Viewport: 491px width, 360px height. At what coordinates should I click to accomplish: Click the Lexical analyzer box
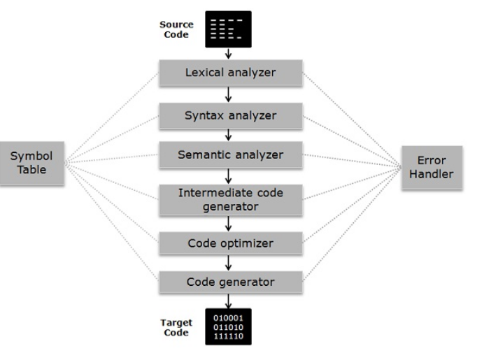(x=230, y=73)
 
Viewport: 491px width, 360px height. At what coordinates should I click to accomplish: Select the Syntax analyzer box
(x=230, y=115)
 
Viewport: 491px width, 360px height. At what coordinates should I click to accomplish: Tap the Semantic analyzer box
(x=230, y=154)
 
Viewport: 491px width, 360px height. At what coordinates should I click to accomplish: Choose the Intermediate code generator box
(x=230, y=199)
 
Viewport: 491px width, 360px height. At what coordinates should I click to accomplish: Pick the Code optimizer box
(x=230, y=243)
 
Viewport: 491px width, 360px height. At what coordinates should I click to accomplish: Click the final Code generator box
(x=230, y=282)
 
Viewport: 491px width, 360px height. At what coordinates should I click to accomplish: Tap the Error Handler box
(x=432, y=167)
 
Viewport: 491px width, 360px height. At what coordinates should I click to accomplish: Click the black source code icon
(x=228, y=29)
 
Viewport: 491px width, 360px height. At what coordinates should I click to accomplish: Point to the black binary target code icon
(x=228, y=326)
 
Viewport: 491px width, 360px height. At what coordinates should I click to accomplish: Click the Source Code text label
(x=176, y=29)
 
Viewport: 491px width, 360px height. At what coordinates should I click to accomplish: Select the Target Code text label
(x=176, y=327)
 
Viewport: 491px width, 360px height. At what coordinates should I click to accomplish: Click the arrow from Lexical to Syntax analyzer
(x=229, y=94)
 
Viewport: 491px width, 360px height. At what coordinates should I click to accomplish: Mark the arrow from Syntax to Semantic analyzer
(x=229, y=135)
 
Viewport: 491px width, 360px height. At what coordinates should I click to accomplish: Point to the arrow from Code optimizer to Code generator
(x=229, y=263)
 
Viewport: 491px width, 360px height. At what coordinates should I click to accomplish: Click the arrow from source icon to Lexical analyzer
(x=229, y=54)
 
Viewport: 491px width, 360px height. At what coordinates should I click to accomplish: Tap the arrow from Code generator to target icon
(x=229, y=301)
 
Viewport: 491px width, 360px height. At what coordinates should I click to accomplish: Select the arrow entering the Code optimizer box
(x=229, y=224)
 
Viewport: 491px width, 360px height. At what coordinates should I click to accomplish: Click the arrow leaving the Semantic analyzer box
(x=229, y=176)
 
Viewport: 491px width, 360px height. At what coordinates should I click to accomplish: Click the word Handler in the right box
(x=432, y=174)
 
